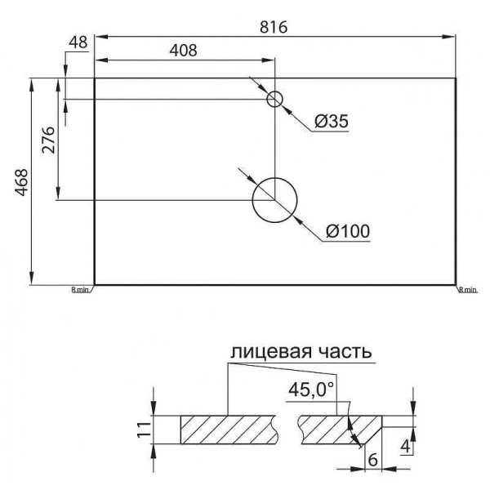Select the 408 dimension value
[184, 50]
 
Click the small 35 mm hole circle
[275, 100]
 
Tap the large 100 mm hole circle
[275, 200]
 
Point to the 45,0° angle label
[311, 390]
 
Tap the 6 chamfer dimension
[372, 460]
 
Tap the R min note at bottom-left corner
[80, 289]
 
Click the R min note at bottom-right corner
[467, 289]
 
